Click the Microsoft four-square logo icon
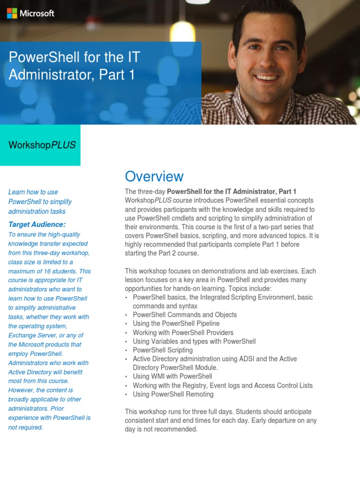tap(12, 14)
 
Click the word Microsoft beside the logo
tap(37, 14)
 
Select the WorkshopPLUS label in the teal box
tap(42, 145)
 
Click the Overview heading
tap(154, 176)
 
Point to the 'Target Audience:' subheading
tap(37, 224)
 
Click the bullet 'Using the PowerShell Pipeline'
tap(176, 323)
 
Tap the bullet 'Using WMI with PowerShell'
tap(172, 376)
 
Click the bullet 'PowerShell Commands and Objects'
tap(185, 315)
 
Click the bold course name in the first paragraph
tap(232, 191)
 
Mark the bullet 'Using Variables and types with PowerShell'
tap(194, 341)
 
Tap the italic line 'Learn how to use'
tap(33, 192)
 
